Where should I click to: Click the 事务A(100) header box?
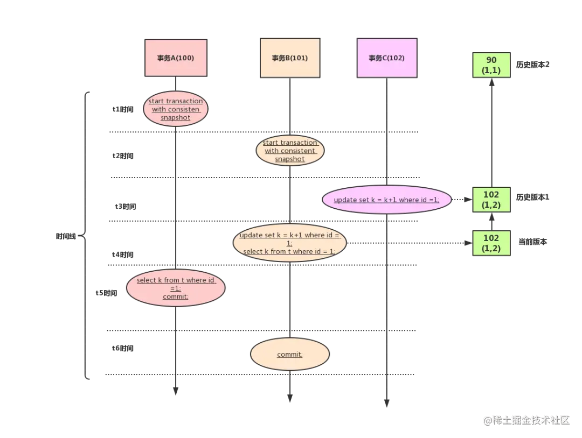(176, 58)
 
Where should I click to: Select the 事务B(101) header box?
(289, 58)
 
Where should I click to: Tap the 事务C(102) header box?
(386, 58)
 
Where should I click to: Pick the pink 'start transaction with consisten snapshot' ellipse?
(176, 109)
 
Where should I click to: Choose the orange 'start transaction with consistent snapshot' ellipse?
(290, 151)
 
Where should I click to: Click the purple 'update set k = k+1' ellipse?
(386, 200)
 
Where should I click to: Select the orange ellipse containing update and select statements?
(289, 243)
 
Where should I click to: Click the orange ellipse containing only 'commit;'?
(290, 355)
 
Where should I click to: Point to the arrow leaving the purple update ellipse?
(460, 200)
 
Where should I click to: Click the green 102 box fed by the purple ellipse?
(491, 200)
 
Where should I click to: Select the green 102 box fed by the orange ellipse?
(491, 243)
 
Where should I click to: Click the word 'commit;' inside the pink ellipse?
(176, 296)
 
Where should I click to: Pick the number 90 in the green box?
(491, 60)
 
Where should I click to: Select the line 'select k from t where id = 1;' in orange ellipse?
(289, 251)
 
